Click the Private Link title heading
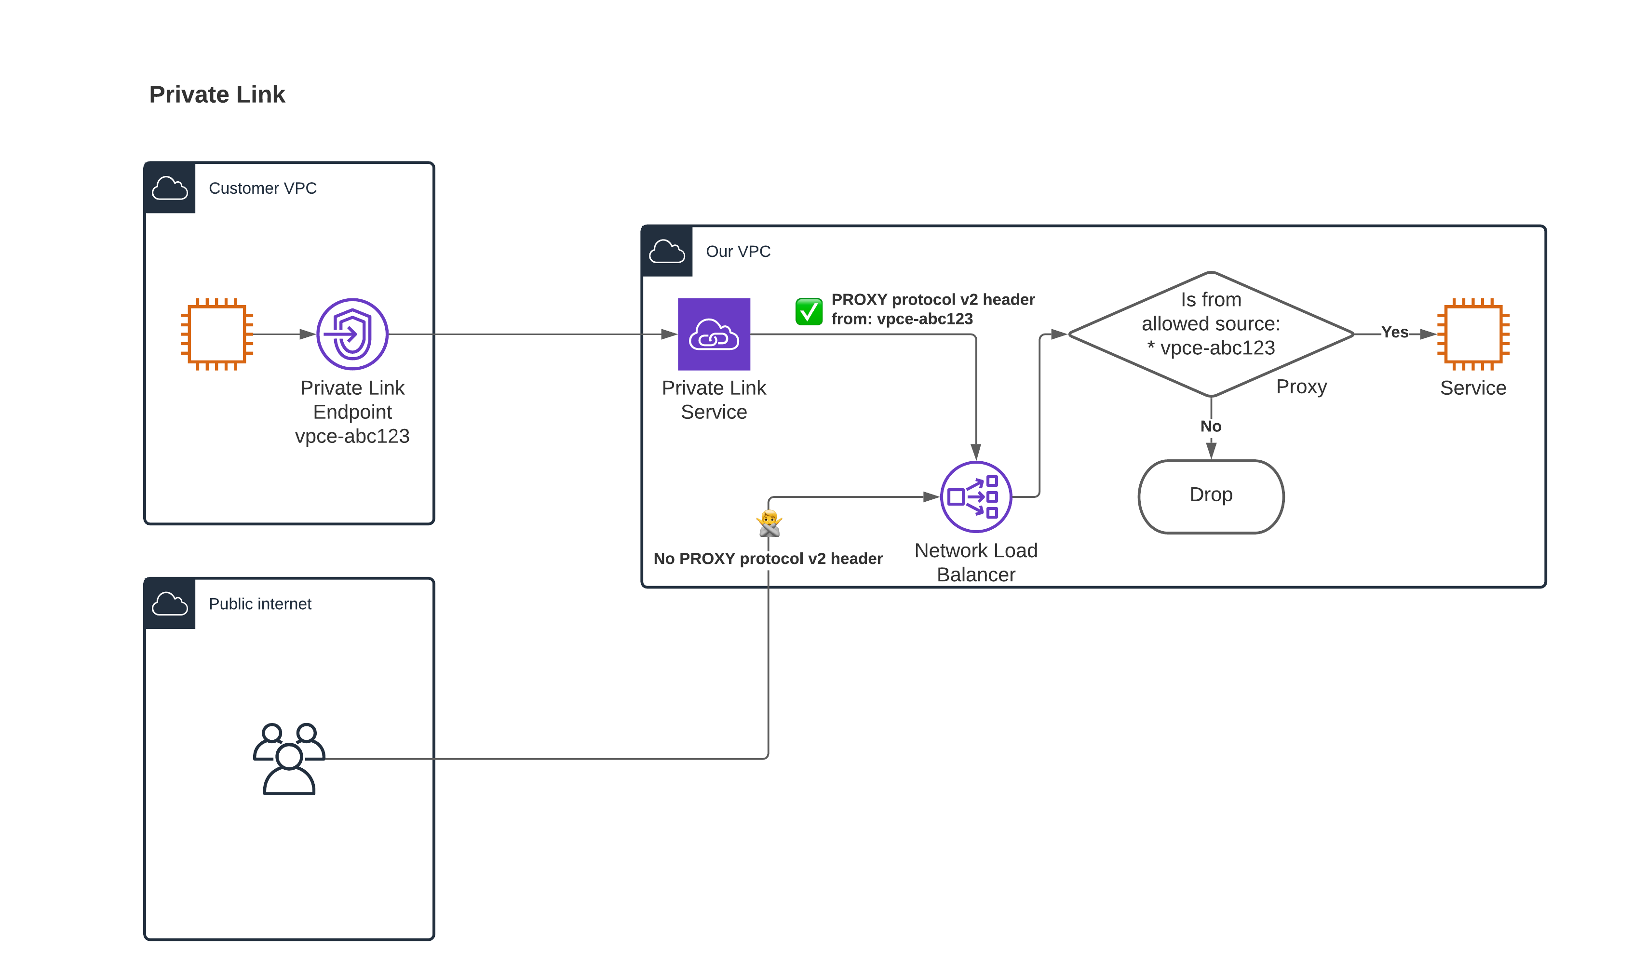pyautogui.click(x=217, y=94)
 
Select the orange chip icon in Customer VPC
pyautogui.click(x=216, y=334)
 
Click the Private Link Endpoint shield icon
pyautogui.click(x=352, y=334)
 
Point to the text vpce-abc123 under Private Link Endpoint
pyautogui.click(x=352, y=436)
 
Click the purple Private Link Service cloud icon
pyautogui.click(x=714, y=334)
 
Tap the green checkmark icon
pyautogui.click(x=809, y=311)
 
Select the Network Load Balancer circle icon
pyautogui.click(x=976, y=496)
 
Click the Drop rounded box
pyautogui.click(x=1211, y=496)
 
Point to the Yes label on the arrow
pyautogui.click(x=1395, y=332)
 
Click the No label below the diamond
pyautogui.click(x=1211, y=426)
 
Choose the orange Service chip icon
pyautogui.click(x=1473, y=334)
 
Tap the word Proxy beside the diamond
pyautogui.click(x=1301, y=387)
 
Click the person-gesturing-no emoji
pyautogui.click(x=769, y=523)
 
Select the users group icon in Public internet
pyautogui.click(x=289, y=759)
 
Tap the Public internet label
pyautogui.click(x=260, y=604)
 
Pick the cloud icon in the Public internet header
pyautogui.click(x=170, y=604)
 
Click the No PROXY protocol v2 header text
pyautogui.click(x=768, y=559)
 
